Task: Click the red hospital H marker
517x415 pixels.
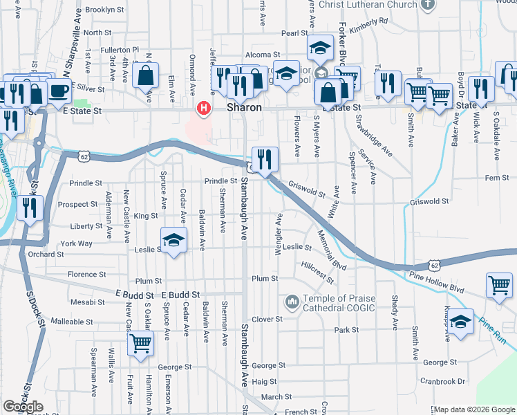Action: point(204,108)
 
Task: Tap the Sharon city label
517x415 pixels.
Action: point(245,108)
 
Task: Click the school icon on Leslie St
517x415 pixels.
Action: point(174,240)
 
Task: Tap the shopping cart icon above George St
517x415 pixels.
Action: point(141,342)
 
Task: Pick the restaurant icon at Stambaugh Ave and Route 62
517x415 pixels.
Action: point(265,160)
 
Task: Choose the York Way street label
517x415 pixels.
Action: point(76,243)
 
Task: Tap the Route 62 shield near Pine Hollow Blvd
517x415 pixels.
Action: point(433,265)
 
